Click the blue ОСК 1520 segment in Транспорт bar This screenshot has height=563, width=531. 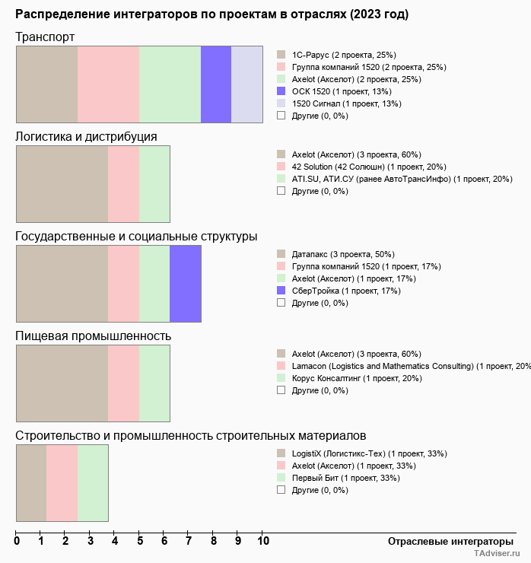(x=216, y=84)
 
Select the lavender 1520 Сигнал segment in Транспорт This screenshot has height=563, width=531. (x=247, y=84)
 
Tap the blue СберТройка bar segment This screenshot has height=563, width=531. (x=186, y=284)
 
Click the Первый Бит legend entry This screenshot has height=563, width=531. (x=345, y=478)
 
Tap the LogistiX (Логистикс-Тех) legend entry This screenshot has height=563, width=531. (x=369, y=453)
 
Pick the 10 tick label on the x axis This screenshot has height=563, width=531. (x=263, y=542)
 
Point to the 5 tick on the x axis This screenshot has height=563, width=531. (x=140, y=542)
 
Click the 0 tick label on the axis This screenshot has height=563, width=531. (x=17, y=542)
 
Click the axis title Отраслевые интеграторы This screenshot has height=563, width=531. (x=446, y=541)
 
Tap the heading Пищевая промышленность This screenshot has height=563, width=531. (x=93, y=336)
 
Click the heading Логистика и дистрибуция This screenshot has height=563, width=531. (x=86, y=136)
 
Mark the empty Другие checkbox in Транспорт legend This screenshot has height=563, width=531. (x=281, y=116)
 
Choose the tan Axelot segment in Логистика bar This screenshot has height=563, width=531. (x=62, y=183)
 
